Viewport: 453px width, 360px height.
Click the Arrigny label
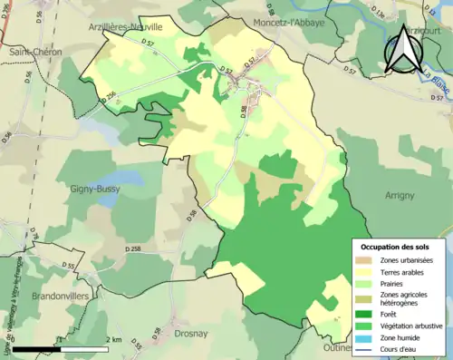click(x=399, y=195)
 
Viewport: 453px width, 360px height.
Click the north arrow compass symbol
click(x=404, y=50)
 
